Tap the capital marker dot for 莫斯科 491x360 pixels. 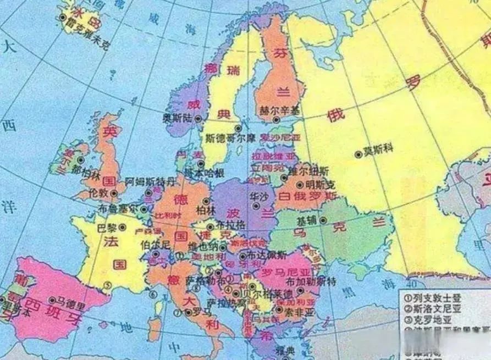pyautogui.click(x=358, y=154)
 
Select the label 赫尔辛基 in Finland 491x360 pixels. pyautogui.click(x=280, y=110)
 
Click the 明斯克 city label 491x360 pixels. pyautogui.click(x=320, y=185)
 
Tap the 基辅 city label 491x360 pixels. pyautogui.click(x=306, y=220)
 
